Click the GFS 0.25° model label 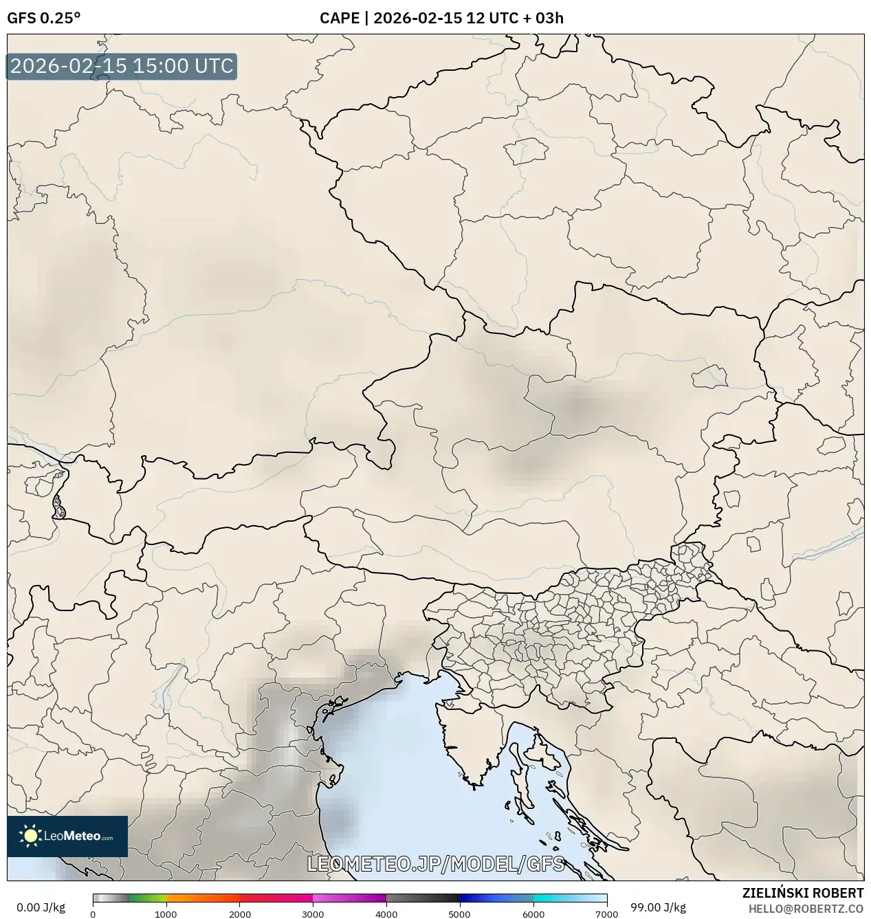coord(43,18)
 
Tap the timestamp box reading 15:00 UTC coord(122,67)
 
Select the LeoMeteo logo coord(67,836)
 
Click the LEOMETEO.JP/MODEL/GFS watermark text coord(436,864)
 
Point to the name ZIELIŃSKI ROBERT coord(802,893)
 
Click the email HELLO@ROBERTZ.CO coord(806,908)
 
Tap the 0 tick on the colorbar coord(93,914)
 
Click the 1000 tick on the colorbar coord(166,914)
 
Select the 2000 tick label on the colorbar coord(239,914)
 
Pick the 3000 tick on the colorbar coord(313,914)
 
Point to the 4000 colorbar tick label coord(386,914)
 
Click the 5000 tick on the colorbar coord(460,914)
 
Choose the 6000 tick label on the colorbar coord(533,914)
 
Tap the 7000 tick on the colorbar coord(606,914)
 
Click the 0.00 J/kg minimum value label coord(41,907)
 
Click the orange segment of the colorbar coord(203,898)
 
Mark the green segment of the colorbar coord(148,898)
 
